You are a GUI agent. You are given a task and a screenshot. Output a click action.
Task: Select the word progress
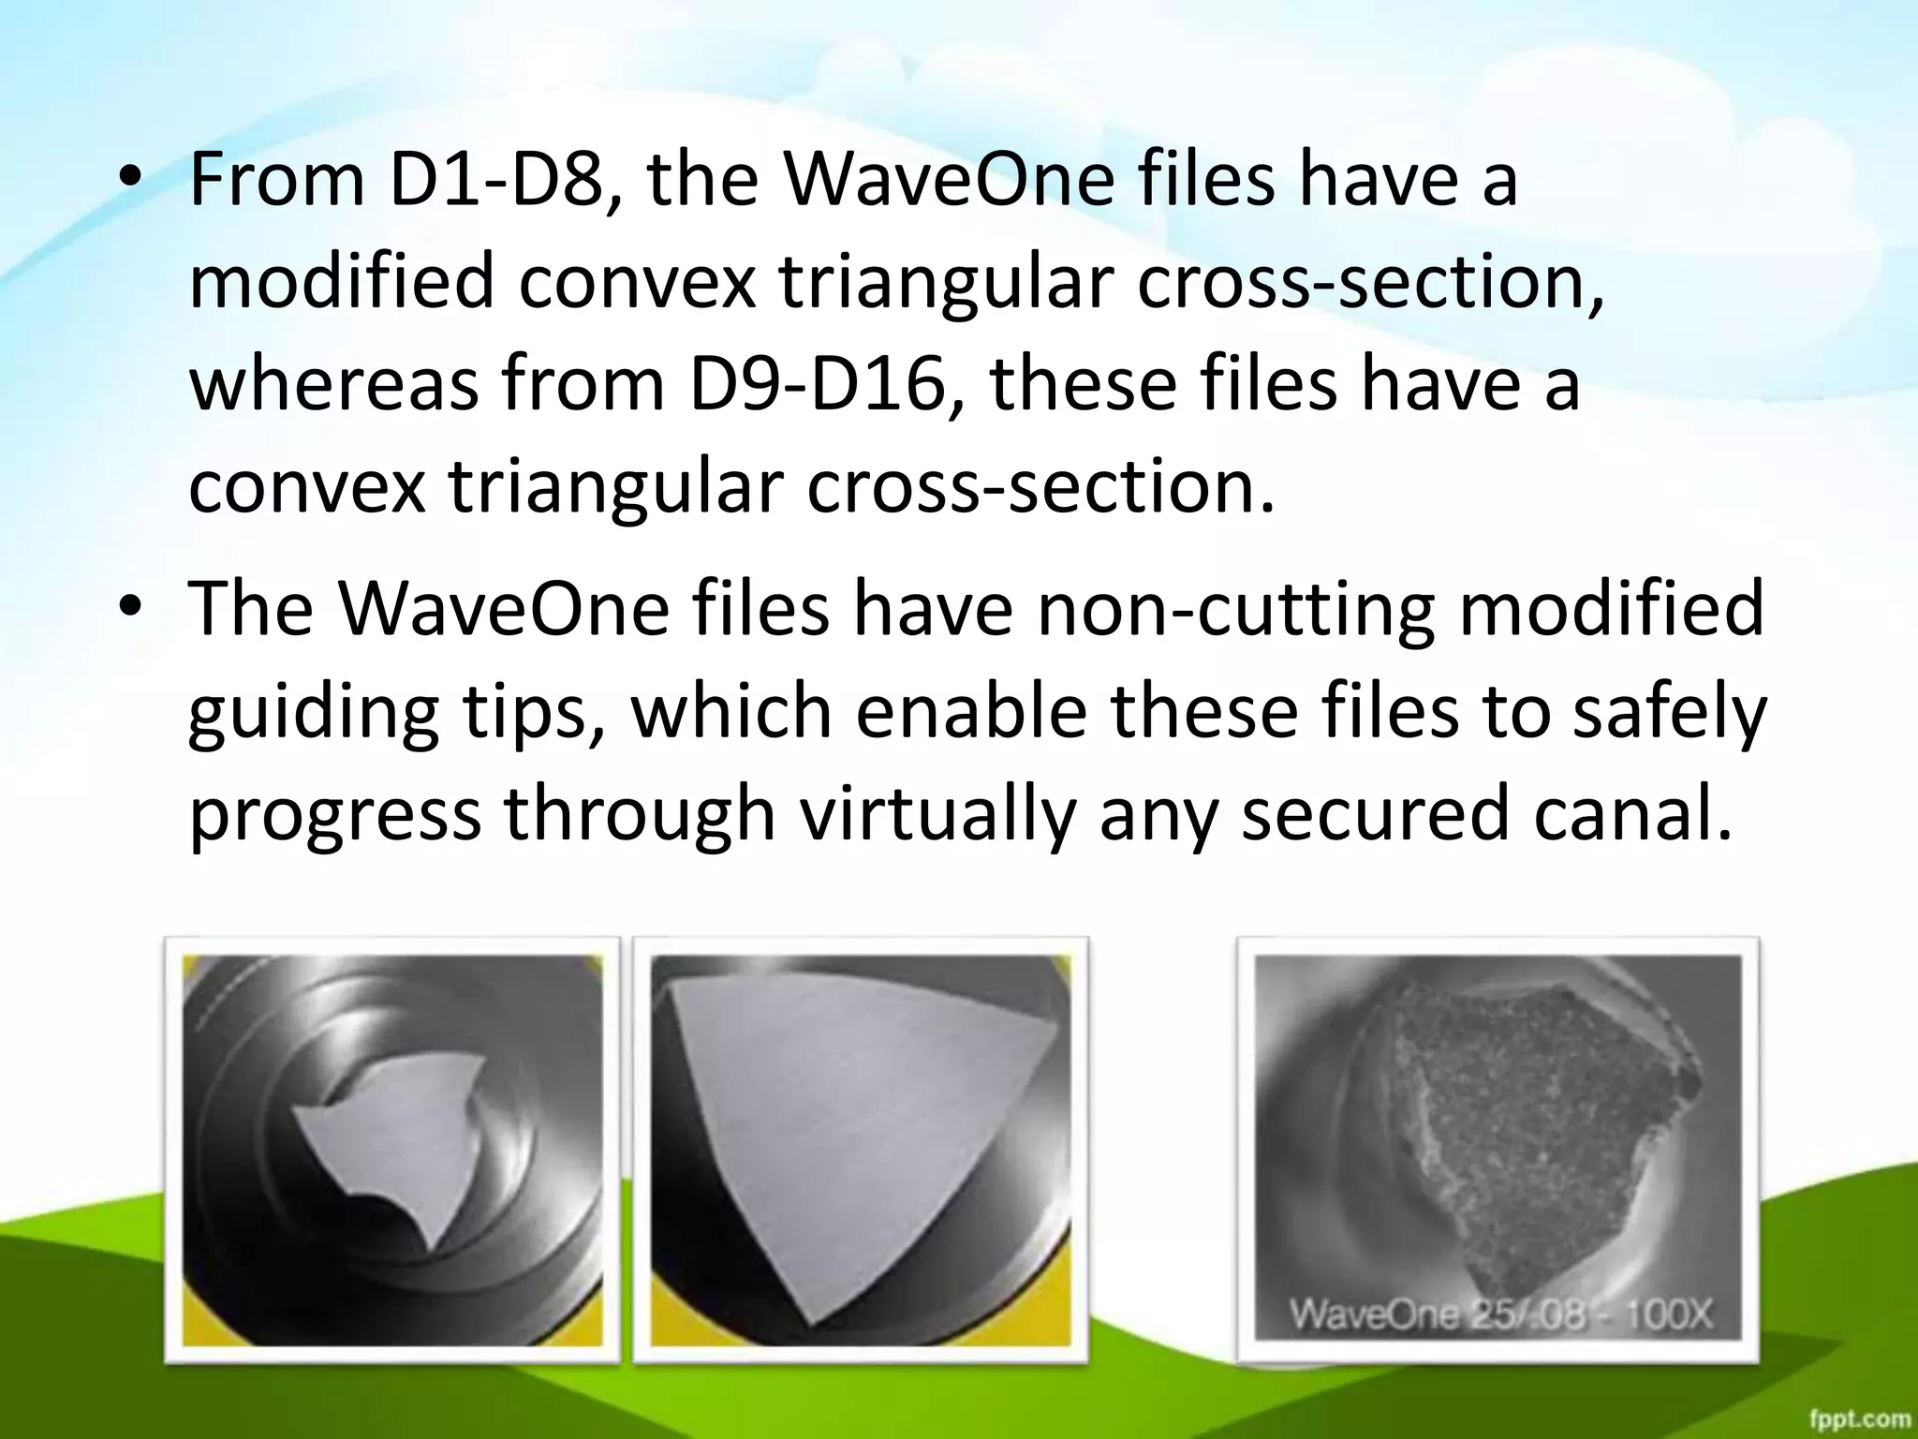[334, 815]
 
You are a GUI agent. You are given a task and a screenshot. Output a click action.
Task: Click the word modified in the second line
[341, 282]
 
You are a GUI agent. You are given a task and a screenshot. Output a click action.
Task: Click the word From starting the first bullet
[277, 180]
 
